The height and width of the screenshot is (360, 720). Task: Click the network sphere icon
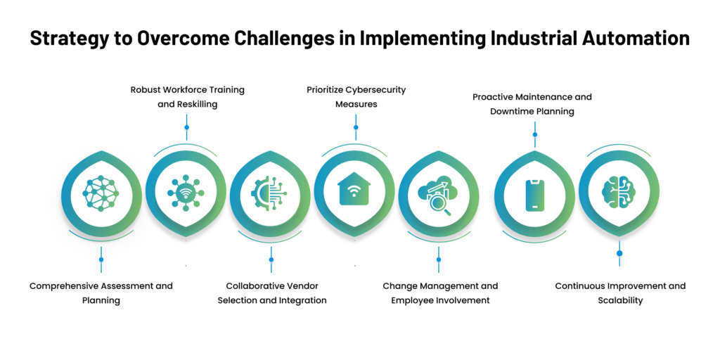click(101, 193)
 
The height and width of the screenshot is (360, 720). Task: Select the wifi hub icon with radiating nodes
click(186, 193)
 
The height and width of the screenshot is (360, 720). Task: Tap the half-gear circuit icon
click(269, 193)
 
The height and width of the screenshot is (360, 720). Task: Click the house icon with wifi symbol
click(354, 188)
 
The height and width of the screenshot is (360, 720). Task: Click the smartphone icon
click(534, 195)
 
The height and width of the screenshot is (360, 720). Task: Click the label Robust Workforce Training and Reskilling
click(187, 97)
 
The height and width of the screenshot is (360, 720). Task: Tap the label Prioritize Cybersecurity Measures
click(356, 97)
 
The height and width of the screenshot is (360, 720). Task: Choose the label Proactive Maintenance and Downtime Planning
click(532, 104)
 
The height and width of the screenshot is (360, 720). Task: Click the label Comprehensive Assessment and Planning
click(101, 293)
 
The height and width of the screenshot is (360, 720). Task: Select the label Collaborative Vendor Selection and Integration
click(272, 293)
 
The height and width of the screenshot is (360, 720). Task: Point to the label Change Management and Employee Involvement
click(440, 293)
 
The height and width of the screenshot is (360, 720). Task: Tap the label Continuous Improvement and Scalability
click(620, 293)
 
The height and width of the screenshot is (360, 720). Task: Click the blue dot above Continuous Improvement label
click(619, 253)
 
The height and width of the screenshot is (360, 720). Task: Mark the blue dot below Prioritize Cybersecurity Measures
click(356, 127)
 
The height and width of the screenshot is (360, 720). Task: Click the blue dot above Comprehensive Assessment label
click(101, 259)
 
